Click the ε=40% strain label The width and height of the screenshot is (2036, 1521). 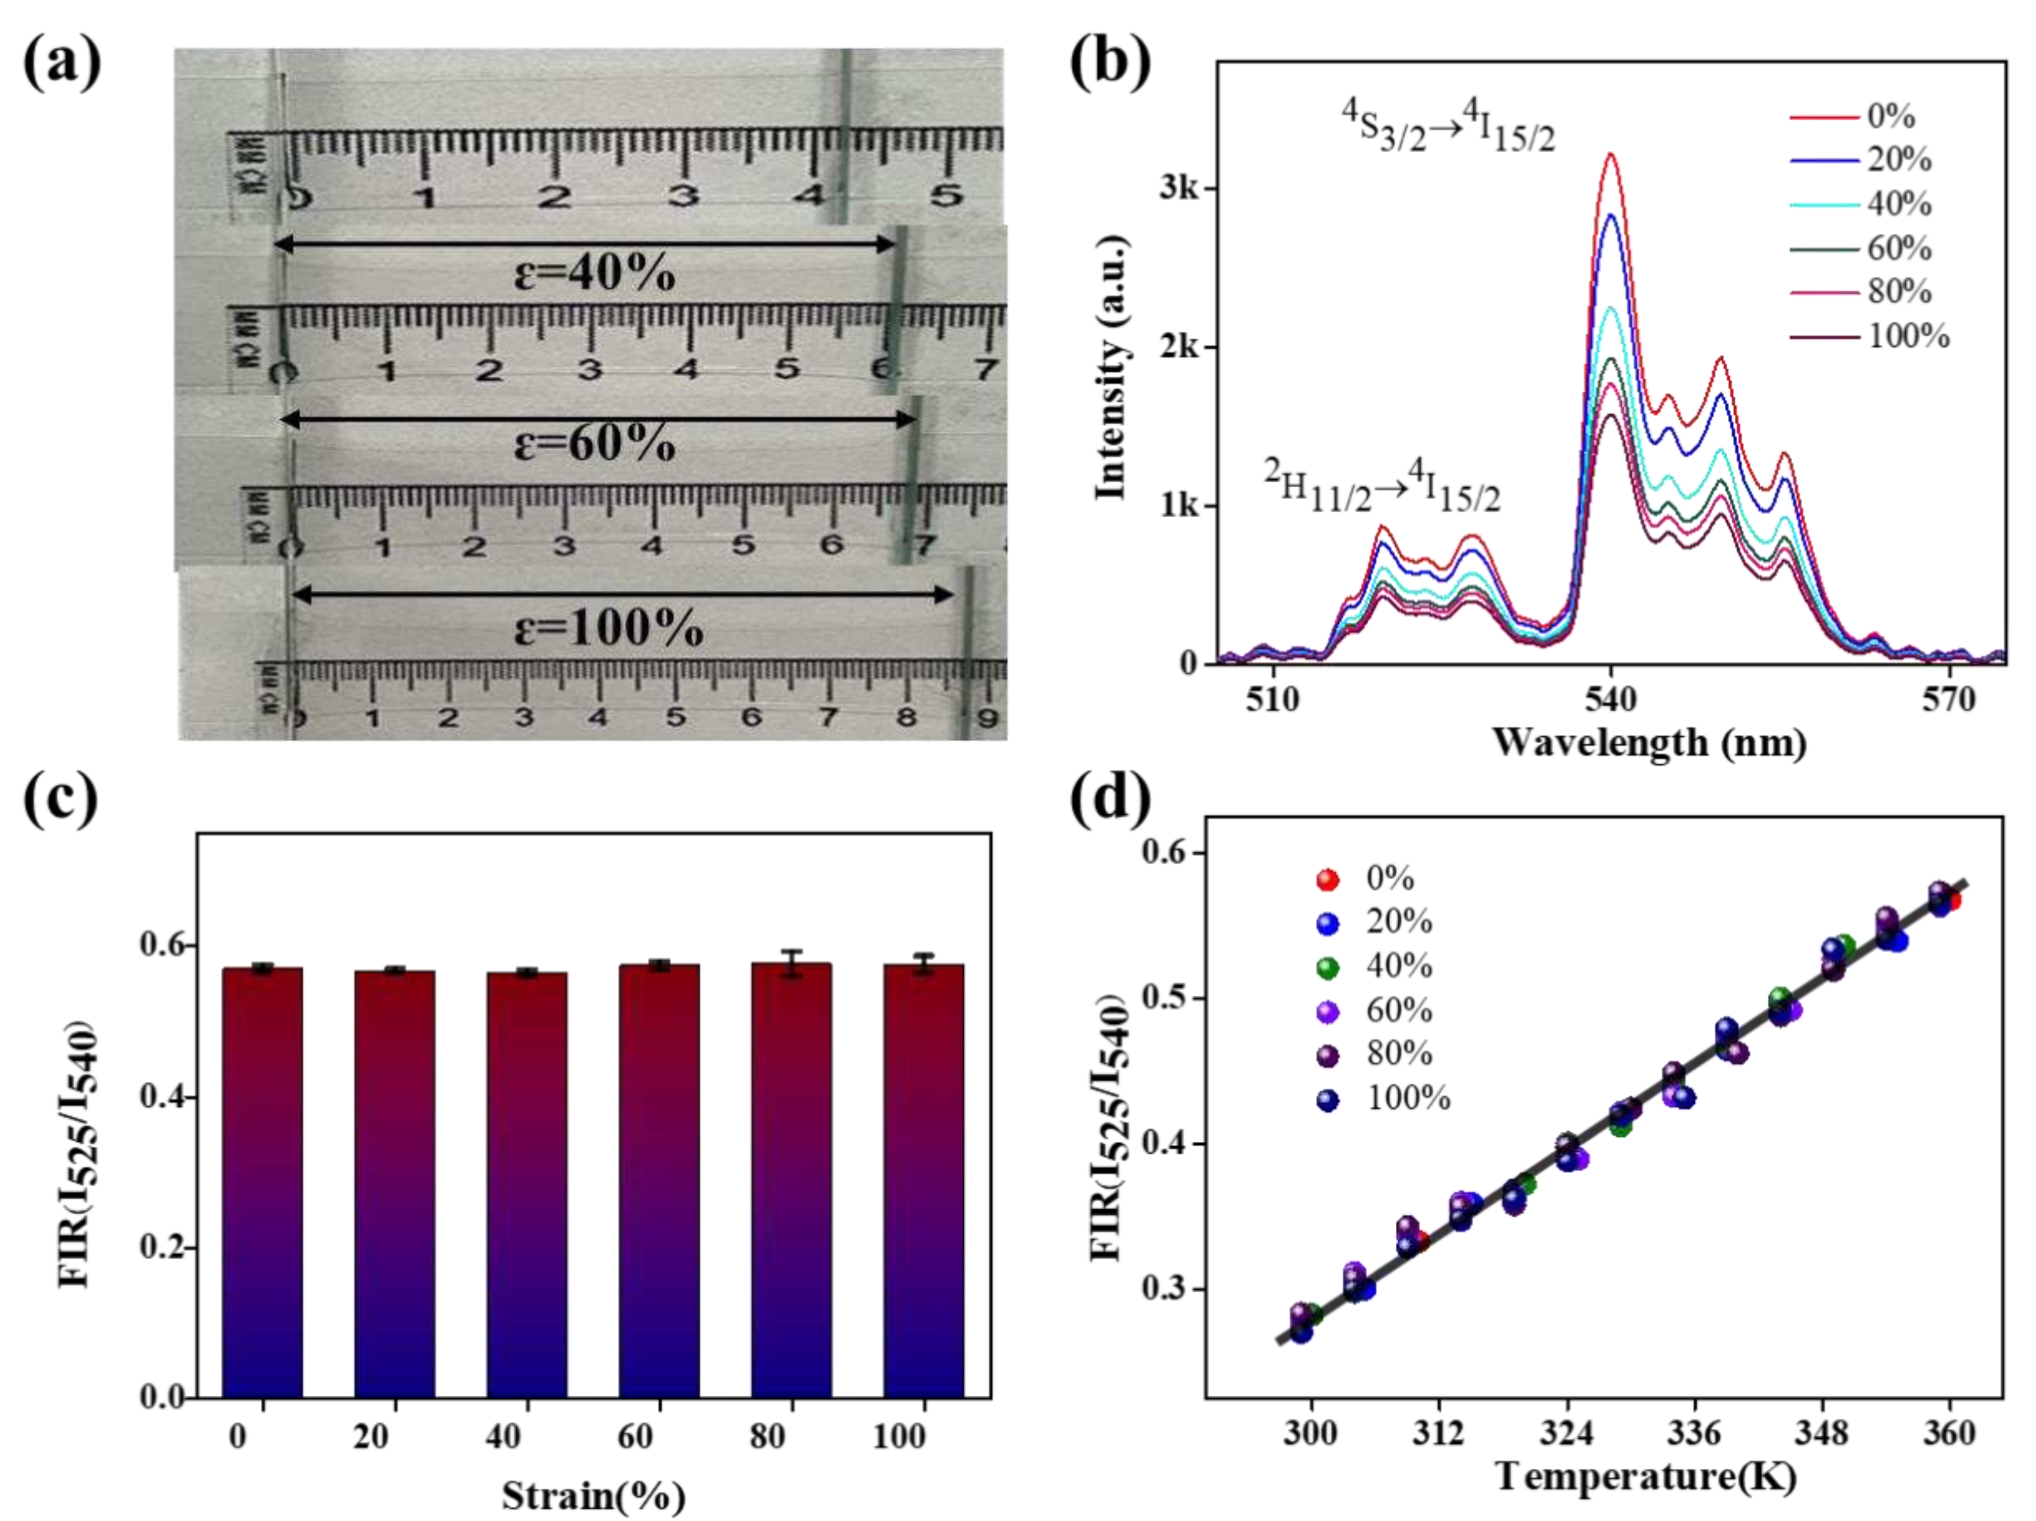tap(594, 273)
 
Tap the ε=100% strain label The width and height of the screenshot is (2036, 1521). tap(608, 630)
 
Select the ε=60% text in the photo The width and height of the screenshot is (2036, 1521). tap(594, 444)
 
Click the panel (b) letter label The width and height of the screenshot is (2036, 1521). tap(1110, 63)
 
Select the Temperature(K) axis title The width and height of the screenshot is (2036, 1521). tap(1646, 1477)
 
